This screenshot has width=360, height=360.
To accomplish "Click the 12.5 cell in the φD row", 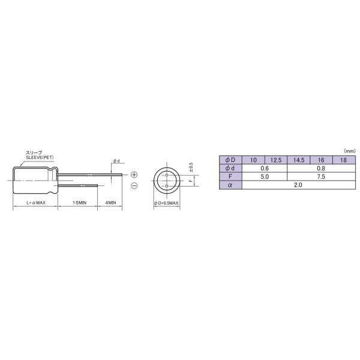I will tap(276, 160).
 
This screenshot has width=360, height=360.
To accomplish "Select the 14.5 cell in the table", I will tap(298, 160).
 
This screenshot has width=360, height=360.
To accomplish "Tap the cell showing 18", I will tap(343, 160).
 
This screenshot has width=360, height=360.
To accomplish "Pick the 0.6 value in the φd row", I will tap(265, 169).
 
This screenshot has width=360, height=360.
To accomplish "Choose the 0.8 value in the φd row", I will tap(321, 169).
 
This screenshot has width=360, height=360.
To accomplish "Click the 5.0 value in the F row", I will tap(265, 177).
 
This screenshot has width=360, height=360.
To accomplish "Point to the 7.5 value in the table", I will tap(321, 177).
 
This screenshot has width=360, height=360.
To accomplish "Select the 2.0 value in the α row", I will tap(298, 185).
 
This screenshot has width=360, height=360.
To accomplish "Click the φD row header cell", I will tap(230, 160).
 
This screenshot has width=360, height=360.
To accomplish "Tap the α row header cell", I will tap(230, 185).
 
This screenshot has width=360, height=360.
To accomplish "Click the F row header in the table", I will tap(230, 177).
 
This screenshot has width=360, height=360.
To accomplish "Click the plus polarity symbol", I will tap(134, 174).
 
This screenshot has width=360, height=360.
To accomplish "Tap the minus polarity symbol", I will tap(134, 186).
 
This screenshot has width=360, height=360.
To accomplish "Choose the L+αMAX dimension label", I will tap(35, 203).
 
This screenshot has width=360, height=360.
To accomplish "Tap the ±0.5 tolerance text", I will tap(191, 166).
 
